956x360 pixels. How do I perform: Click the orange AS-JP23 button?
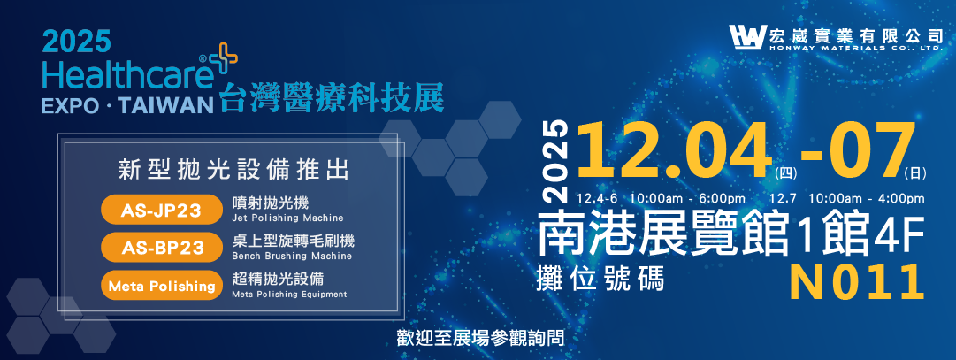160,211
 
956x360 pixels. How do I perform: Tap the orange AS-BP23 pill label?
160,248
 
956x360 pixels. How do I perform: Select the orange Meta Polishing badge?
160,286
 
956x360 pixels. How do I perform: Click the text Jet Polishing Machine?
287,218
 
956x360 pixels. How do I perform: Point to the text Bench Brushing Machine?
292,256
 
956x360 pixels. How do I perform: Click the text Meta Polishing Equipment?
289,295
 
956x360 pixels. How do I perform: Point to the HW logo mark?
746,37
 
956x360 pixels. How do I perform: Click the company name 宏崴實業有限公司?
855,34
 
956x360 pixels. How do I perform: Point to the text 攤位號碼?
600,278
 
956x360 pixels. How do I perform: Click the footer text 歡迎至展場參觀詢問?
482,338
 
